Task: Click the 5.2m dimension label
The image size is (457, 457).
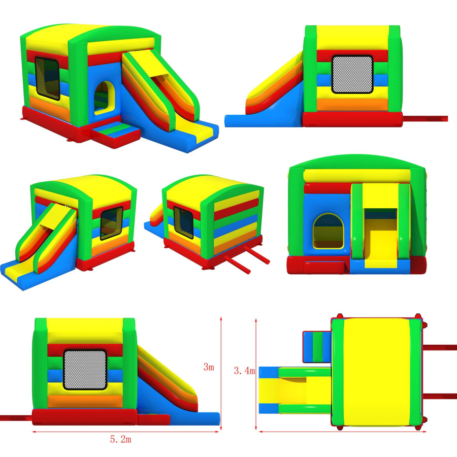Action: tap(120, 439)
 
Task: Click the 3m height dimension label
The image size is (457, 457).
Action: tap(209, 367)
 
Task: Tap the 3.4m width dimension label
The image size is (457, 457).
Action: tap(244, 371)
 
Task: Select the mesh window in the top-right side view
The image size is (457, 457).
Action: tap(352, 74)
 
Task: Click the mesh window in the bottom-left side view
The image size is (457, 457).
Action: tap(85, 370)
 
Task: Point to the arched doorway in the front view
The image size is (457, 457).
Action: tap(328, 231)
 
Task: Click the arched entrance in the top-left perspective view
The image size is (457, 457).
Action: tap(104, 97)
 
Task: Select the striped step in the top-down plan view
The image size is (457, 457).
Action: tap(317, 347)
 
